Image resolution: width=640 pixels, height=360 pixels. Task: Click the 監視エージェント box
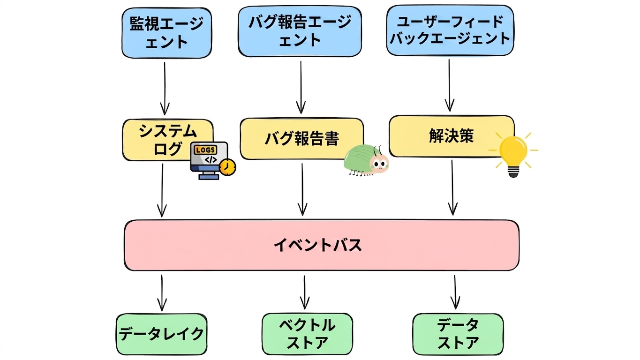point(166,33)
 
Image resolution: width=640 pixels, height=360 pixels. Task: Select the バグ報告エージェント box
point(300,31)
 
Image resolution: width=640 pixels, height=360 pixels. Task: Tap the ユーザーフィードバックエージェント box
point(450,30)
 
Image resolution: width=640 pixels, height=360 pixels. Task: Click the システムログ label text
point(168,140)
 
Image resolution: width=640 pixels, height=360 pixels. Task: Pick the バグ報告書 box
point(302,139)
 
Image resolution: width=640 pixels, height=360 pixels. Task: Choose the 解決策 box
point(452,136)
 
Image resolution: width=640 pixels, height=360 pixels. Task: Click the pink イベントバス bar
point(322,245)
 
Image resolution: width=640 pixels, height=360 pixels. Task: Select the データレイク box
point(161,334)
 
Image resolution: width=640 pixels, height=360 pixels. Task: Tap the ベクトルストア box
point(307,334)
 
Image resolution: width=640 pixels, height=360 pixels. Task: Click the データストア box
point(458,334)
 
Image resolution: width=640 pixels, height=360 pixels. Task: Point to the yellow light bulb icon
point(513,154)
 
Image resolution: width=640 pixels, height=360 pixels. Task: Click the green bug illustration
point(367,160)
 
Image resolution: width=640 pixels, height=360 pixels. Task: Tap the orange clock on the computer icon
point(228,167)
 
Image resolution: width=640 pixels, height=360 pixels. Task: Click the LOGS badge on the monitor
point(205,150)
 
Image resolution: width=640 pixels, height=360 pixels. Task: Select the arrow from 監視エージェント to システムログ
point(165,89)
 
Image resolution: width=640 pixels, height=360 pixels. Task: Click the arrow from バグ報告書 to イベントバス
point(302,189)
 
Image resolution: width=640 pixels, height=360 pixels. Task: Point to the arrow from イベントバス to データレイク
point(162,293)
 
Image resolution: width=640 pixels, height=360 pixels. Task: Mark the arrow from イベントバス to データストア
point(455,292)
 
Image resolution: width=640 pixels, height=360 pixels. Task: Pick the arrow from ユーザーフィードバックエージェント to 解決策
point(450,85)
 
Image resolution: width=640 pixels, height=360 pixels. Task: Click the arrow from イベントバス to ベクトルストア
point(305,292)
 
